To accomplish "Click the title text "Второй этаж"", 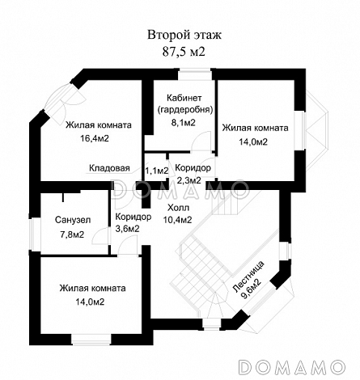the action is tap(184, 36).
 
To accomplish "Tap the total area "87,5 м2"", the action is tap(184, 52).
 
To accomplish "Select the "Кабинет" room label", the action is tap(184, 98).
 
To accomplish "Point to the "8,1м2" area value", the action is tap(184, 123).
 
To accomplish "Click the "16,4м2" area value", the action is tap(95, 138).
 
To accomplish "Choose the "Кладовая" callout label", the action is tap(109, 168).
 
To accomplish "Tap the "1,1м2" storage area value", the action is tap(157, 171).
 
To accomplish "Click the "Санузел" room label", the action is tap(73, 220).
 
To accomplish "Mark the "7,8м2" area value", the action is tap(72, 234).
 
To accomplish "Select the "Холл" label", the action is tap(178, 208).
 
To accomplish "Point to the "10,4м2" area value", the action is tap(177, 220).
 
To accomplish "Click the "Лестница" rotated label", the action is tap(248, 277).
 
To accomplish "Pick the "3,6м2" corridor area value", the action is tap(127, 229).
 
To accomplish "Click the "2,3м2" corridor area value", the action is tap(189, 180).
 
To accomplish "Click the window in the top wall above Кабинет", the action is tap(195, 74).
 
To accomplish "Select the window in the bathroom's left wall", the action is tap(35, 234).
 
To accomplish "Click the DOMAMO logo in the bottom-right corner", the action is tap(292, 367).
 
